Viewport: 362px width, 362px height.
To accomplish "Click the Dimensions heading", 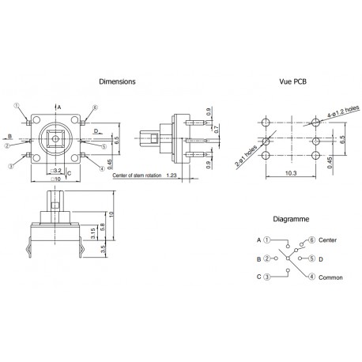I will pyautogui.click(x=117, y=81).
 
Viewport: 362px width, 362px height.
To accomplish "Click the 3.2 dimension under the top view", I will pyautogui.click(x=58, y=170).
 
